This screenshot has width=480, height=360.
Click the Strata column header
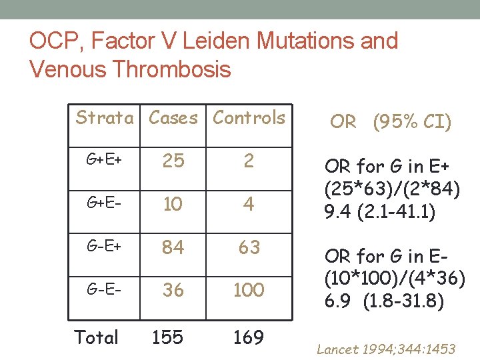pos(105,118)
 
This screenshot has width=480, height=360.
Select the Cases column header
pos(173,118)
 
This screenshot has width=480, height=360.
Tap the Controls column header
pos(249,118)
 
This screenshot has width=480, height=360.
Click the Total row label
pos(97,337)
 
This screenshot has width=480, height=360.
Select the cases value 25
pos(173,161)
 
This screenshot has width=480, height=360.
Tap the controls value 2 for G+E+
pos(249,161)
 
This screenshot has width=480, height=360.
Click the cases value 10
pos(173,204)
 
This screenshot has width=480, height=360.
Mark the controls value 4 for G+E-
pos(249,204)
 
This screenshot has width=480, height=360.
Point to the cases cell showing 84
pos(173,247)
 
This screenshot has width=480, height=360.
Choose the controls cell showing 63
pos(249,247)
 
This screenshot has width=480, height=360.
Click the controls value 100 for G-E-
pos(249,290)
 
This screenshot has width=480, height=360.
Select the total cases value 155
pos(167,337)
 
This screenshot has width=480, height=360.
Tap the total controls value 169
pos(249,337)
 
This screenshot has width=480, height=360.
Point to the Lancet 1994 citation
pos(386,349)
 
